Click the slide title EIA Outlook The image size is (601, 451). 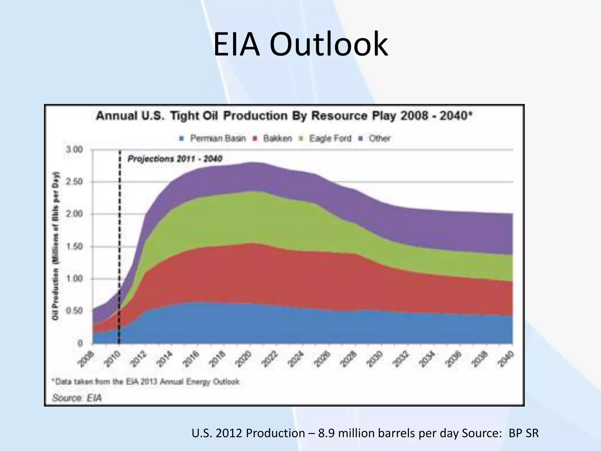300,45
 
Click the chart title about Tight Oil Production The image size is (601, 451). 284,116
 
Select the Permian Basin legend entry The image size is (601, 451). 217,138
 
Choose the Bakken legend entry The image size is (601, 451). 277,138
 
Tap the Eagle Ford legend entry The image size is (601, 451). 330,138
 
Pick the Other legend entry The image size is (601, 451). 379,138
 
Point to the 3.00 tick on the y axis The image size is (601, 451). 74,150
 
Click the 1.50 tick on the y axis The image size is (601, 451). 74,246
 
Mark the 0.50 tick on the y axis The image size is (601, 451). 74,311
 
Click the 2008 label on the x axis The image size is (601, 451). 86,359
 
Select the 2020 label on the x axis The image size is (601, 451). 244,359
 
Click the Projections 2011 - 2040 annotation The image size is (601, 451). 175,159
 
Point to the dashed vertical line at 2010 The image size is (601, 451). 119,235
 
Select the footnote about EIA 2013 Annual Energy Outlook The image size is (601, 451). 146,382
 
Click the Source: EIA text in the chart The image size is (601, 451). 77,398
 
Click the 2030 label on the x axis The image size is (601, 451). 375,359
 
